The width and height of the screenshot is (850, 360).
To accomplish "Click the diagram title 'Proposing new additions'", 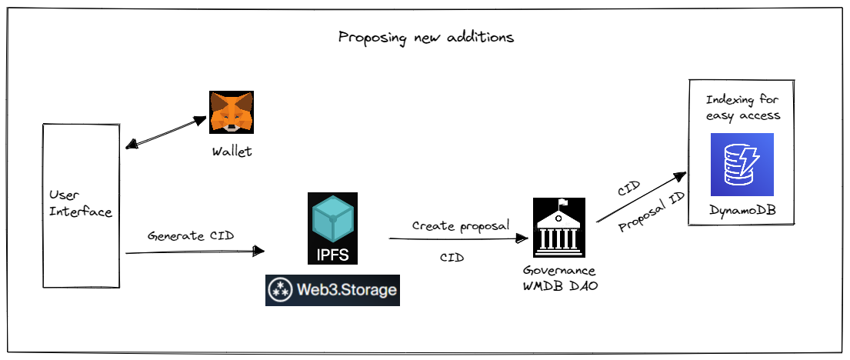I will point(425,37).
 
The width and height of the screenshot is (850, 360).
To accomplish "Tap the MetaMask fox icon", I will point(232,112).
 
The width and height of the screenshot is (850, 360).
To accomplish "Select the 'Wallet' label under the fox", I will point(232,152).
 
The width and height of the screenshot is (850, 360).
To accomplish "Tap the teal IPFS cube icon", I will point(332,220).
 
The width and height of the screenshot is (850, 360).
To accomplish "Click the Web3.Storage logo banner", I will point(332,290).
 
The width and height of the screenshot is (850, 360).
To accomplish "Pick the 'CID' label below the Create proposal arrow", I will point(452,258).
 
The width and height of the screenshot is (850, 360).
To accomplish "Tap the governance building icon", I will point(559,228).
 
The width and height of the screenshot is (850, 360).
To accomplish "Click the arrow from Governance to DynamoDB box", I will point(639,197).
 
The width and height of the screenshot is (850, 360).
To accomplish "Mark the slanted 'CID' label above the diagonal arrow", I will point(629,188).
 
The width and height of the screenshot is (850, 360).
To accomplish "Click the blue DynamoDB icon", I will point(742,165).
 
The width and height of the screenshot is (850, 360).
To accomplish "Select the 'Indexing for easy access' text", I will point(743,108).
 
